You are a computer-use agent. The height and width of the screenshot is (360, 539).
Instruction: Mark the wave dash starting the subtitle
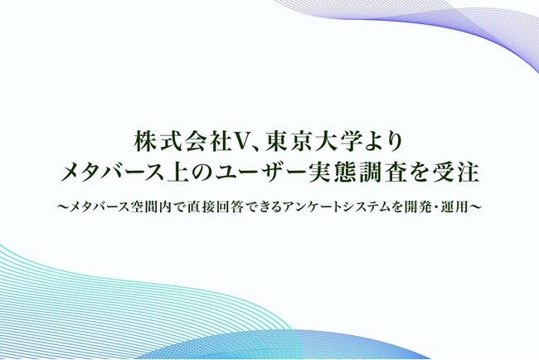click(62, 204)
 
